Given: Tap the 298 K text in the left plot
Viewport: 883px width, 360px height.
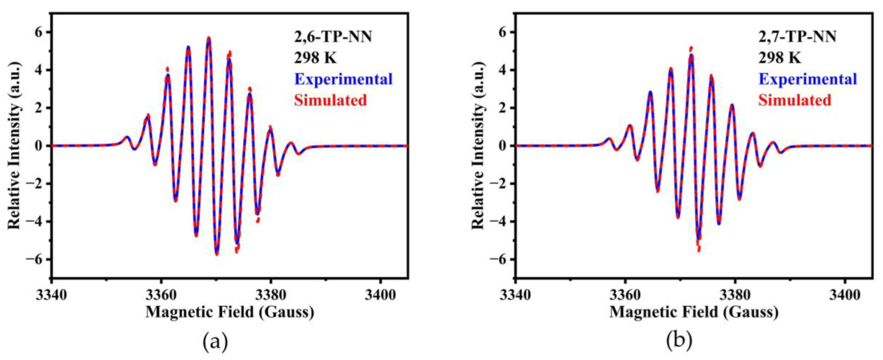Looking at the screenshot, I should (x=315, y=58).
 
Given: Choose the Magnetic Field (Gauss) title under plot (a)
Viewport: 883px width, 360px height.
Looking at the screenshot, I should (x=230, y=312).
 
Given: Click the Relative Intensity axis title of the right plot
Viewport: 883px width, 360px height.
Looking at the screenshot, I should (x=478, y=146).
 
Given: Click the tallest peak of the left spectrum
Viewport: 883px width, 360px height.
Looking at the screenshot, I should (x=209, y=38).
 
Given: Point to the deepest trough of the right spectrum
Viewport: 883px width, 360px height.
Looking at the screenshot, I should (x=699, y=250).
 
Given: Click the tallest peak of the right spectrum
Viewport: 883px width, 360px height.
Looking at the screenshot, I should (x=691, y=48).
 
